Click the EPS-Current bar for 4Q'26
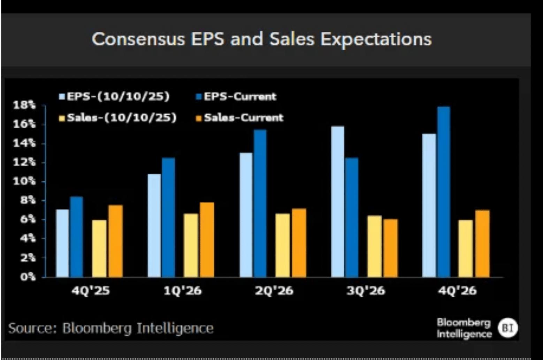444,192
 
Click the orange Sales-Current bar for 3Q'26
390,248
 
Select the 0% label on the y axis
27,277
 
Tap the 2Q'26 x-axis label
274,291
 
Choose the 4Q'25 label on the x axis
90,291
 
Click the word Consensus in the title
138,39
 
